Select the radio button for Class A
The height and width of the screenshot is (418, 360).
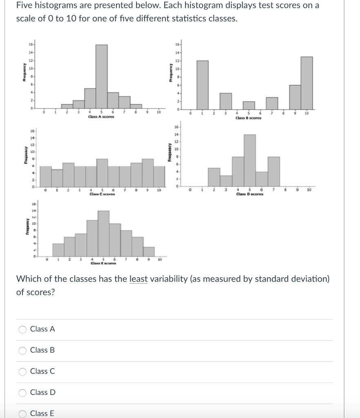point(22,329)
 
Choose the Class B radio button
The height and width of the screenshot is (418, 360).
point(22,351)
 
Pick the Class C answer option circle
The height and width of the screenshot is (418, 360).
point(22,371)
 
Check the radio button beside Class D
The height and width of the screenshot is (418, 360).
point(22,393)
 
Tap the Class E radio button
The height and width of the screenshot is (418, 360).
point(22,414)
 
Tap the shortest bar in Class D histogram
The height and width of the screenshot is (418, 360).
point(226,181)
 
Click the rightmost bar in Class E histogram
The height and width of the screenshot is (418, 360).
point(149,252)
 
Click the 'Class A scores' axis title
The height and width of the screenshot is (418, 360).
point(101,117)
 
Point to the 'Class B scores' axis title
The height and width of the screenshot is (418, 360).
point(248,118)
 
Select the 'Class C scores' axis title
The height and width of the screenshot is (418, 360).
point(102,194)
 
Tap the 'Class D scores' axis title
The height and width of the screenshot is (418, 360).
point(250,194)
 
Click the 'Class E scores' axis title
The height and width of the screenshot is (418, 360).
point(103,263)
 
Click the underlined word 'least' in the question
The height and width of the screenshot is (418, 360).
point(138,279)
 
